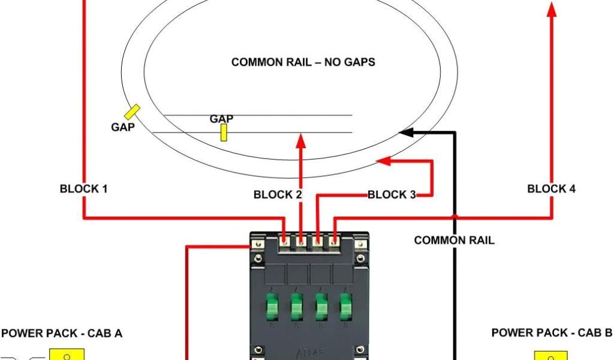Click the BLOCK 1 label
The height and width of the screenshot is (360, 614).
(x=83, y=189)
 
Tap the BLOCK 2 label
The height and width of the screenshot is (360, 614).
(x=278, y=194)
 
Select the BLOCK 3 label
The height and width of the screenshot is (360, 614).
(x=392, y=194)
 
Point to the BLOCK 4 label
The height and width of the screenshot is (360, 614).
(x=551, y=189)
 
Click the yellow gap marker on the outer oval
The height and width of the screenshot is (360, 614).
(x=133, y=112)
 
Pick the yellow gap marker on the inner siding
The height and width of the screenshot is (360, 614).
(x=224, y=133)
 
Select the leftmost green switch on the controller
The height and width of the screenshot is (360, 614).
(x=272, y=308)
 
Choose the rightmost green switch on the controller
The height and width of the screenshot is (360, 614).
(x=345, y=308)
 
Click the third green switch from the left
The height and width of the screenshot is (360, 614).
(x=321, y=308)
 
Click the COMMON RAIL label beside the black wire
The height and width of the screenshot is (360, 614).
(x=454, y=241)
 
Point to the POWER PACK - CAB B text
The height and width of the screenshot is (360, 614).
(x=552, y=332)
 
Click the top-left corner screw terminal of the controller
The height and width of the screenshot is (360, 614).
(x=258, y=245)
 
